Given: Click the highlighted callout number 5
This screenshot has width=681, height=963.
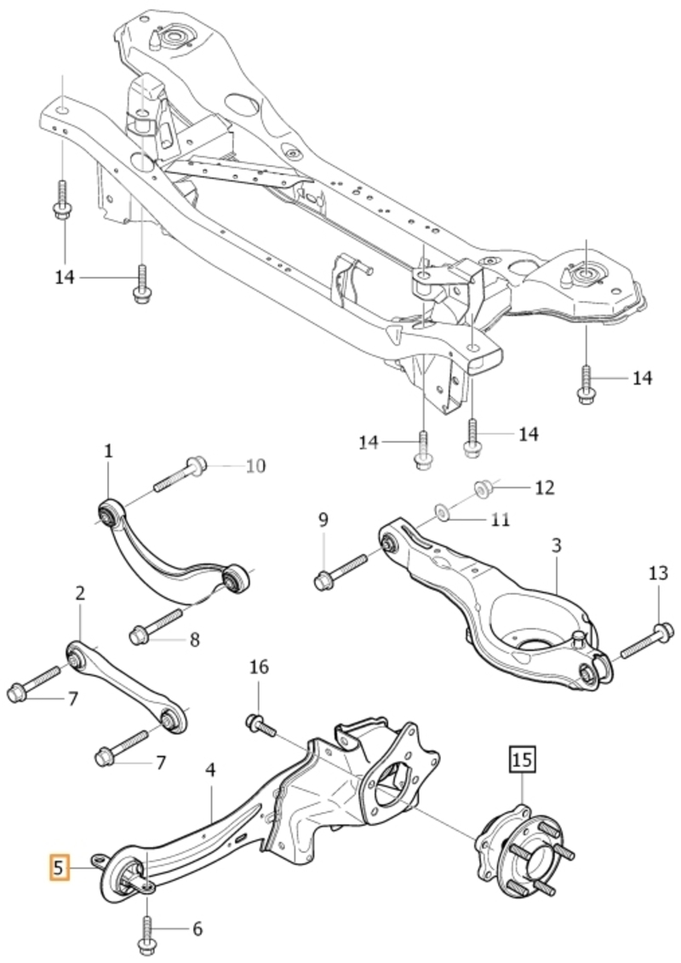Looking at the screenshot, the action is tap(60, 868).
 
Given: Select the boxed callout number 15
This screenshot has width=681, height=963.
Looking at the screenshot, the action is tap(522, 759).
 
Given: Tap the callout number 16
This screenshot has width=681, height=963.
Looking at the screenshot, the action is tap(259, 666).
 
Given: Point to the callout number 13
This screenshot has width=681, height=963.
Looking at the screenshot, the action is tap(658, 574).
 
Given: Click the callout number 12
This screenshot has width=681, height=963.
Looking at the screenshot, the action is tap(544, 487).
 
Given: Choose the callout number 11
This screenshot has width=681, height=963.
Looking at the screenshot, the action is tap(501, 520).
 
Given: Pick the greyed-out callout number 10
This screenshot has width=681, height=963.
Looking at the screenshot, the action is tap(255, 466).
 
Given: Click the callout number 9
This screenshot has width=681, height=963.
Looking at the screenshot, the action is tap(323, 520).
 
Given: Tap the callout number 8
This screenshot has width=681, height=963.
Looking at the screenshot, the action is tap(194, 640).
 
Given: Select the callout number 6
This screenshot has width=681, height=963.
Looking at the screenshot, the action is tap(197, 929).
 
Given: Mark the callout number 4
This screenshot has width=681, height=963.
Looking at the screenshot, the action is tap(210, 770).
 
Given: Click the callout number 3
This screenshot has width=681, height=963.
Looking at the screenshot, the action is tap(556, 545).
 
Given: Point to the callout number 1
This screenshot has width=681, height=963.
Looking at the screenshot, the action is tap(109, 452).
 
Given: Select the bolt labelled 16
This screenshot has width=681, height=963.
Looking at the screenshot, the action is tap(260, 725).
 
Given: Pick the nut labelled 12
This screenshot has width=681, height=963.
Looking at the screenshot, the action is tap(484, 489).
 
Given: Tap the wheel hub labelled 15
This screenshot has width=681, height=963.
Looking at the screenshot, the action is tap(524, 852).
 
